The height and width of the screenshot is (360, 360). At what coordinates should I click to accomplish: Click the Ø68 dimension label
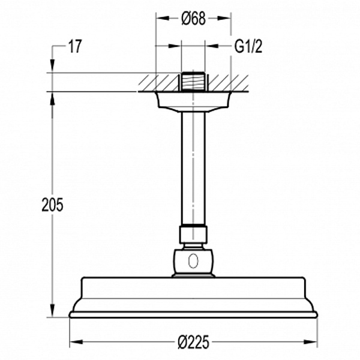[193, 19]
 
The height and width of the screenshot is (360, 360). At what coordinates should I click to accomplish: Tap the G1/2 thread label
[248, 47]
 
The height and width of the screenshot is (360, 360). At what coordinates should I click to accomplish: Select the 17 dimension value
[75, 47]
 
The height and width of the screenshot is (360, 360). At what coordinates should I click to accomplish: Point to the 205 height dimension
[52, 205]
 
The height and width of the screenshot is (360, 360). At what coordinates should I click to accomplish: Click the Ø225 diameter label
[194, 342]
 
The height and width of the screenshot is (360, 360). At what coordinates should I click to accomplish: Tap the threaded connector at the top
[193, 82]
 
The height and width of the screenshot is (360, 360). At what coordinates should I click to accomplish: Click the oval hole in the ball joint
[193, 260]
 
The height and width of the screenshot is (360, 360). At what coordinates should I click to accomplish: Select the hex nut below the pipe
[193, 235]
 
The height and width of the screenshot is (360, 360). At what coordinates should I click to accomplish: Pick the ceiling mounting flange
[193, 102]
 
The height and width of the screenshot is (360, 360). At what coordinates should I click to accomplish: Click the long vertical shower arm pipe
[193, 169]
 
